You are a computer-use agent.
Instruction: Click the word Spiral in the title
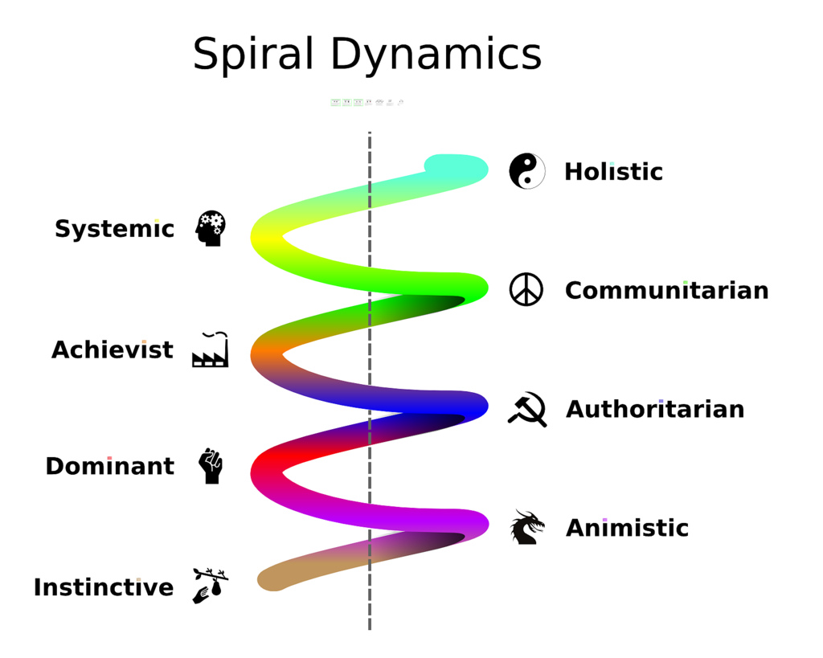point(253,55)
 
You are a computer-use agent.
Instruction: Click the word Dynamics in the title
point(436,55)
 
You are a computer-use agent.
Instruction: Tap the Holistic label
point(613,172)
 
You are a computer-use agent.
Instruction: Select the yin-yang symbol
point(526,171)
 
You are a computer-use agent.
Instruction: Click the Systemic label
point(114,230)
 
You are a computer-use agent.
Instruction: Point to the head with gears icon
point(211,228)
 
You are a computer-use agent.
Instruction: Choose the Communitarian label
point(666,291)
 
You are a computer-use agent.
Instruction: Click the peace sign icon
point(526,290)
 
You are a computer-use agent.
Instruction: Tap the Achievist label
point(113,350)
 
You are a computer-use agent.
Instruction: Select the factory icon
point(211,350)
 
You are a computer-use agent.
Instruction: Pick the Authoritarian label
point(655,410)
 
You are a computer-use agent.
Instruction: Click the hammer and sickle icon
point(527,409)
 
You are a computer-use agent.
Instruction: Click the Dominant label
point(109,467)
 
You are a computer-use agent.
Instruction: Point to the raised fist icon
point(211,466)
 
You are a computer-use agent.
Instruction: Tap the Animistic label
point(627,529)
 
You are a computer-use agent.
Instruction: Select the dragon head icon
point(527,528)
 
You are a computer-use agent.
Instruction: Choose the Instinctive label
point(104,588)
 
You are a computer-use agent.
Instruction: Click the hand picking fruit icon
point(211,586)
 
